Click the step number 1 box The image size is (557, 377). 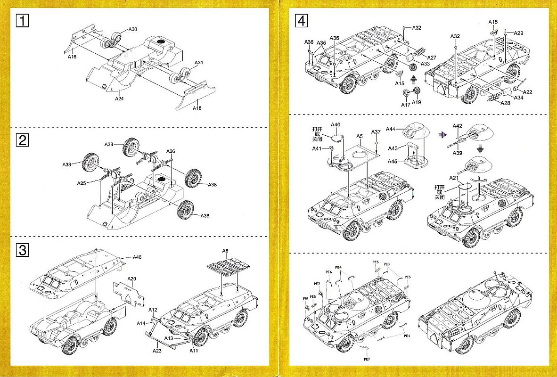click(x=23, y=21)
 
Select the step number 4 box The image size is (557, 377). click(x=301, y=21)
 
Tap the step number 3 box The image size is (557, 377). click(x=23, y=250)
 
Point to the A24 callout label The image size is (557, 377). click(x=119, y=99)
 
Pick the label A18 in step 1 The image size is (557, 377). click(x=197, y=107)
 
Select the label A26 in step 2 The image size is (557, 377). click(x=171, y=151)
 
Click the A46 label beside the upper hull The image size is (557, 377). click(x=137, y=257)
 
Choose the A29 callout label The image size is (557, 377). click(x=519, y=33)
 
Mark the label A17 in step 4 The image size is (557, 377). click(x=405, y=105)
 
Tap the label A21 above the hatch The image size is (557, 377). click(x=454, y=178)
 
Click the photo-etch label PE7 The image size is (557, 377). click(x=367, y=359)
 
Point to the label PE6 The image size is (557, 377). click(x=329, y=272)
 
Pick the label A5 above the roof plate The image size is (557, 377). click(x=359, y=136)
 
